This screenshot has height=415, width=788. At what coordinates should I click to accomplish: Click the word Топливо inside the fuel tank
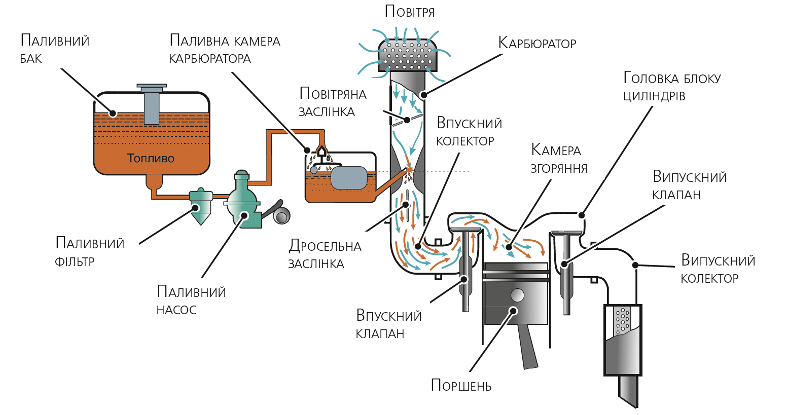point(151,158)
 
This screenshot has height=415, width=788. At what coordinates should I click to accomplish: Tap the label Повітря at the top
point(410,12)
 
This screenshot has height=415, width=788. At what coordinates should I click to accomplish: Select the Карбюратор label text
point(537,43)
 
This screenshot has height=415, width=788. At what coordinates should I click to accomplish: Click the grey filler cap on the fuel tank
point(152,104)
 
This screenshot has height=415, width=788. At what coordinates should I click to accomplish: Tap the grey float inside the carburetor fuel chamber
point(349,178)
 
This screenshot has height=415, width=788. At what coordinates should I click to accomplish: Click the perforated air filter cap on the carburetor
point(408,55)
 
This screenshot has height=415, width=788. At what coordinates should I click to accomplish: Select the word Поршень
point(461,386)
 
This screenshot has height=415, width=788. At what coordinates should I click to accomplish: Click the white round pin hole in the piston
point(517,295)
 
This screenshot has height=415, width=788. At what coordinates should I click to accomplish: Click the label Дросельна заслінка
point(325,254)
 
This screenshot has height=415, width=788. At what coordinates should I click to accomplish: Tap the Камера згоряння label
point(559,158)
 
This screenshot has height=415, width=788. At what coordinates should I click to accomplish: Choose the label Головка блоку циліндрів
point(672,86)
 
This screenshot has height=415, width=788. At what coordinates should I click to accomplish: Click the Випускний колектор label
point(718,269)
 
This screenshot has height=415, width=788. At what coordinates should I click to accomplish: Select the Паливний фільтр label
point(90,252)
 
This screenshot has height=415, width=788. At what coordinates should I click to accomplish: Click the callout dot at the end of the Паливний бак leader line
point(113,114)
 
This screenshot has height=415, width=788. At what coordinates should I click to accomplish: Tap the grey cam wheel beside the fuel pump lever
point(281,216)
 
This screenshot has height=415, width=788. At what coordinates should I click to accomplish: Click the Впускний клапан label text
point(389,324)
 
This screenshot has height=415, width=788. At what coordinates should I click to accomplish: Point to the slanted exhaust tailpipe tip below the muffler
point(628,391)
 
